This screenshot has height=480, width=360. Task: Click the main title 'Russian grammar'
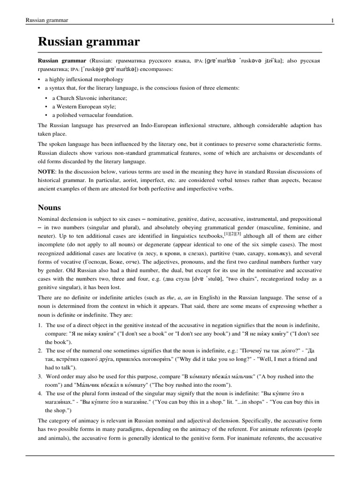(x=89, y=42)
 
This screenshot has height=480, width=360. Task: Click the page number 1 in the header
(x=332, y=20)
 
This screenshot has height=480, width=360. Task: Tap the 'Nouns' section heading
(x=50, y=207)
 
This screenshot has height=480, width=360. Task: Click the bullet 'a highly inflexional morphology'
(x=84, y=79)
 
